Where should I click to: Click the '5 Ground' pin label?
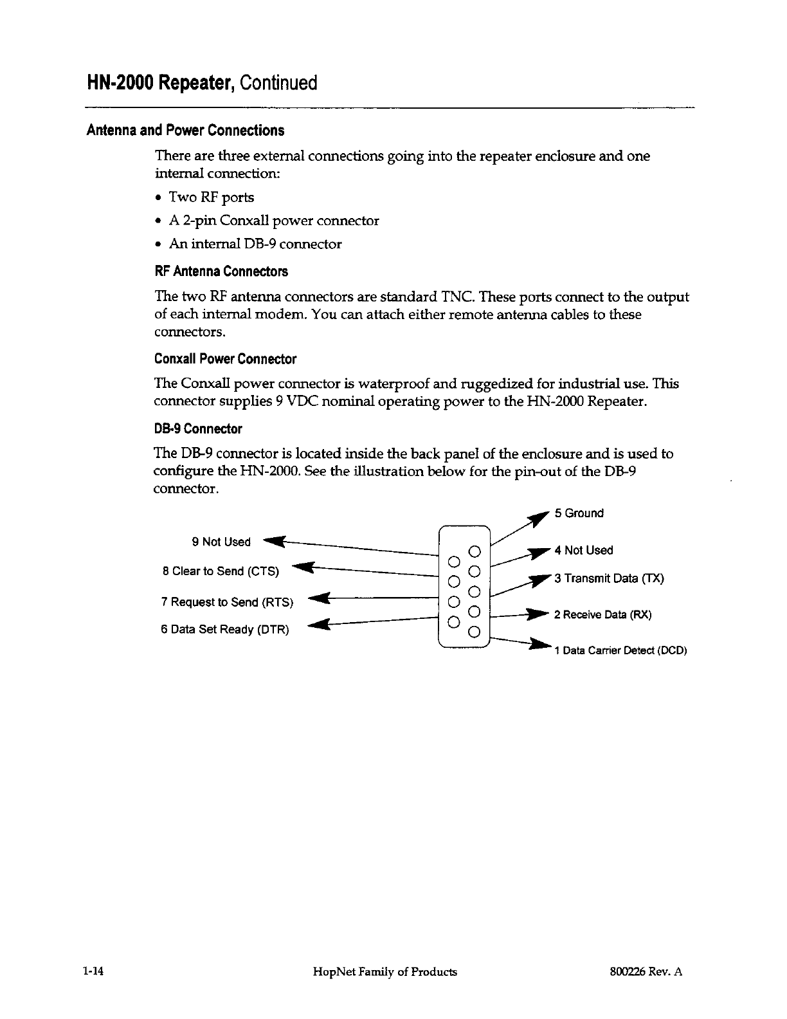click(579, 513)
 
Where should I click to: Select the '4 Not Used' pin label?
click(583, 551)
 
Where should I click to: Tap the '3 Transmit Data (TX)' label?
click(608, 578)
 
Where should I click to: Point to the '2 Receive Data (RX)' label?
click(602, 615)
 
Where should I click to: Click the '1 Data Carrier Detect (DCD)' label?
click(620, 651)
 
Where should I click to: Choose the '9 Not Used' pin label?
click(221, 542)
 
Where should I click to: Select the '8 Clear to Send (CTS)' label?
click(221, 571)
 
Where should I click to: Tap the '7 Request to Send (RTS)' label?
click(227, 602)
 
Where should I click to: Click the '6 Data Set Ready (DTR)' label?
click(225, 630)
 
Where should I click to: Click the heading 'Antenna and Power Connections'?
click(185, 131)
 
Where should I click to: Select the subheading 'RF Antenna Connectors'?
click(221, 271)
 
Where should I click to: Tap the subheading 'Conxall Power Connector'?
click(225, 359)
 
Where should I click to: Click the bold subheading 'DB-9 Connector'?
click(198, 429)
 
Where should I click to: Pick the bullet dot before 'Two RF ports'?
click(158, 197)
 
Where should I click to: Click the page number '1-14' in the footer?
click(94, 972)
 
